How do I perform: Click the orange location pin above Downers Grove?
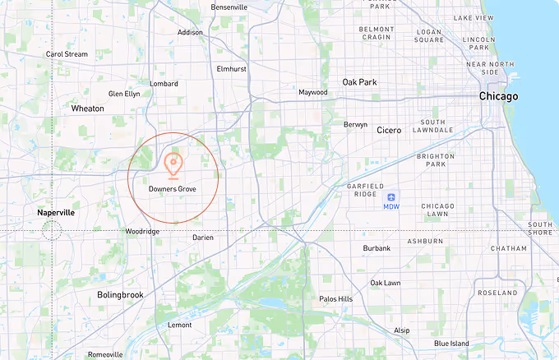[x=173, y=164]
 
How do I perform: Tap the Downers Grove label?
[x=173, y=189]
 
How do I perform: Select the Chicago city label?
[x=499, y=96]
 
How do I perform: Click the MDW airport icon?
[x=391, y=196]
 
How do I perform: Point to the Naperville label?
[x=56, y=212]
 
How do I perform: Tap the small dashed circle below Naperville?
[x=52, y=230]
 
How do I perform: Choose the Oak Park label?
[x=359, y=82]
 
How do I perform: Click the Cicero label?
[x=389, y=130]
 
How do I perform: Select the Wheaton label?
[x=88, y=108]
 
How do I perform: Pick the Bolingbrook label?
[x=120, y=294]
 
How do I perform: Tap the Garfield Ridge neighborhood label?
[x=356, y=191]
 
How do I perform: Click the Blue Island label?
[x=451, y=344]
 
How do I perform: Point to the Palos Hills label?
[x=335, y=299]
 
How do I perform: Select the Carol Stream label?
[x=67, y=54]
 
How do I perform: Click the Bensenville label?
[x=229, y=7]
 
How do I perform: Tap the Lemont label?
[x=179, y=325]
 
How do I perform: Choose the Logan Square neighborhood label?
[x=429, y=35]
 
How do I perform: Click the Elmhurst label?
[x=232, y=70]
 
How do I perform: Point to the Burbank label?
[x=377, y=247]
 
